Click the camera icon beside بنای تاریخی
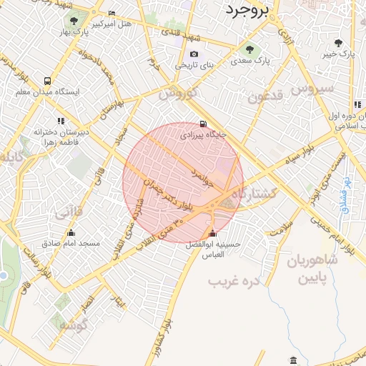click(x=194, y=54)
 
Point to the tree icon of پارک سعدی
click(x=249, y=49)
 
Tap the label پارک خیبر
click(x=338, y=54)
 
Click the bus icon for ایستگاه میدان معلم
click(x=47, y=81)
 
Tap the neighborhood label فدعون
click(x=266, y=97)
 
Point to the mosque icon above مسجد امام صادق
click(x=70, y=233)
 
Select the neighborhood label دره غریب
click(x=232, y=281)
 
